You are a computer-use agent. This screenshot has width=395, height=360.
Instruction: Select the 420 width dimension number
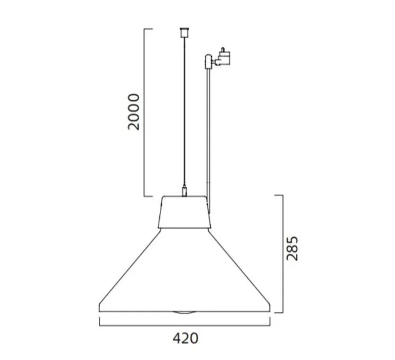pos(185,338)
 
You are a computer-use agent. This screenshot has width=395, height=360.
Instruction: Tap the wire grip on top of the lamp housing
pos(184,191)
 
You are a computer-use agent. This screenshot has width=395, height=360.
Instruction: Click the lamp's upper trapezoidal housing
pos(184,212)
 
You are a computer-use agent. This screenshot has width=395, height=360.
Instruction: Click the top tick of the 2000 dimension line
pos(149,29)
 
